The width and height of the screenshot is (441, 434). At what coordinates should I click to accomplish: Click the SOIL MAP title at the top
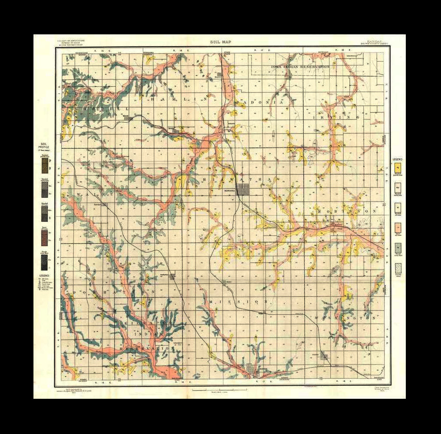220,42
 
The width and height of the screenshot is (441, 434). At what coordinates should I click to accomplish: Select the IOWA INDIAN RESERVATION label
300,67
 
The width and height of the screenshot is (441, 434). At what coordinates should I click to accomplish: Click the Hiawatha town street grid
242,190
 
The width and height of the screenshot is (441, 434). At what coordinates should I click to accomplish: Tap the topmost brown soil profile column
44,165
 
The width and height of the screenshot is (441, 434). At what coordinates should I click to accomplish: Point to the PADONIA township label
259,103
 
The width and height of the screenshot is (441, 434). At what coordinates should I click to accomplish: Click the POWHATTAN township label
109,291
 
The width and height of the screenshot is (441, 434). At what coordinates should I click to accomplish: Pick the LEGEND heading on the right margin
397,159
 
